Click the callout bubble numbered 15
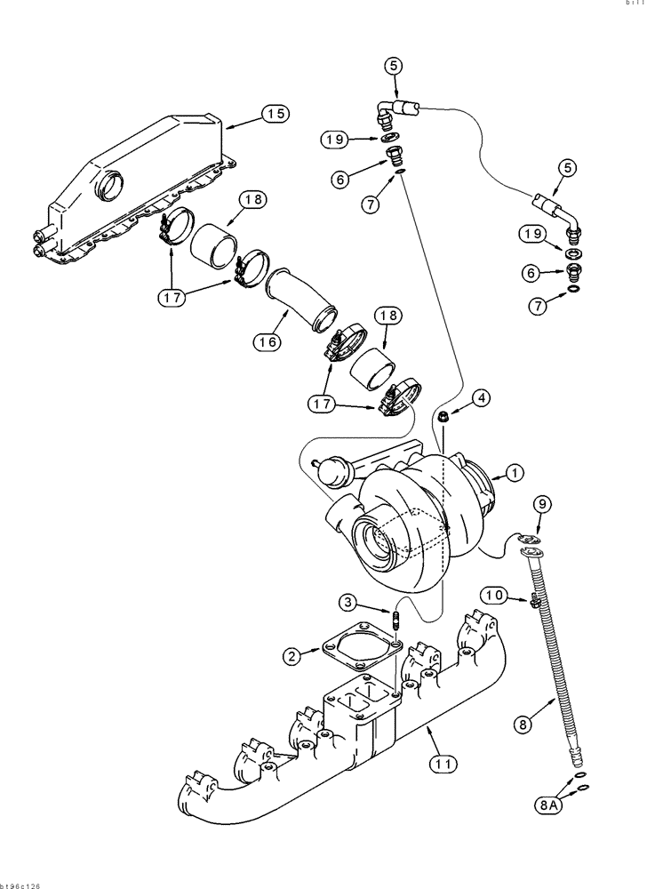tap(276, 114)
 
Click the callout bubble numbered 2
tap(291, 657)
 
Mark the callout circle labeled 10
tap(495, 594)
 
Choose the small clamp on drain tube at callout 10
tap(533, 603)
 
